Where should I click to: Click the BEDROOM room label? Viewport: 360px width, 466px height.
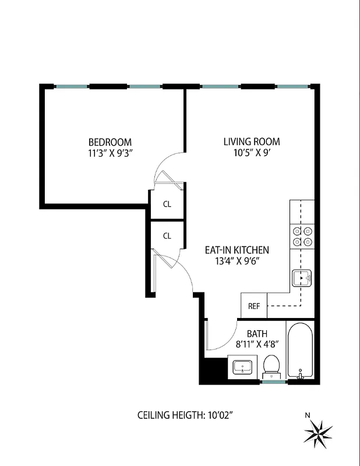click(x=110, y=142)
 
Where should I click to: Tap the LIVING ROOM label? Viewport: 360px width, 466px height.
click(x=252, y=142)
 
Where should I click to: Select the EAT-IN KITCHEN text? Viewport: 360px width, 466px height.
click(x=237, y=250)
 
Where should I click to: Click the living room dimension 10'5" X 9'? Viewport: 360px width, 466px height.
click(x=252, y=154)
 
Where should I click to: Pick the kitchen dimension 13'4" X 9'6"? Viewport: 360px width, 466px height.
click(x=236, y=262)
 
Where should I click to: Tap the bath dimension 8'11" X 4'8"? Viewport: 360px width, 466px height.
click(x=256, y=344)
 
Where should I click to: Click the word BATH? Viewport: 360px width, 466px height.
click(x=256, y=333)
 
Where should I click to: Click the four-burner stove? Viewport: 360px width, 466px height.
click(x=302, y=236)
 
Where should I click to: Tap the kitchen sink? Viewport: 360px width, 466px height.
click(x=302, y=278)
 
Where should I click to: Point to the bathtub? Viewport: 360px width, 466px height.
click(x=301, y=351)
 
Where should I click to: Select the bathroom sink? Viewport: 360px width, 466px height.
click(x=242, y=368)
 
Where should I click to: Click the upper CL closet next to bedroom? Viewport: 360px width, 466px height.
click(x=167, y=204)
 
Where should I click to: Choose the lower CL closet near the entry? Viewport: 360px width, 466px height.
click(x=167, y=236)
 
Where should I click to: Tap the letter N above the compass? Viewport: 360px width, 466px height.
click(x=307, y=415)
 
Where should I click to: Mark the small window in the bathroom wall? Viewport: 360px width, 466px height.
click(x=274, y=382)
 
